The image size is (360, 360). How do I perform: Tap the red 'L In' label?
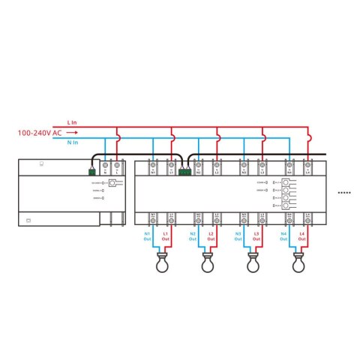click(x=73, y=121)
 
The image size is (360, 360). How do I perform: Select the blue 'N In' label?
click(x=73, y=143)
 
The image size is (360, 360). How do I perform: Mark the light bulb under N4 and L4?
click(x=297, y=263)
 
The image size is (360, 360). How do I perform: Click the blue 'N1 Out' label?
click(x=148, y=237)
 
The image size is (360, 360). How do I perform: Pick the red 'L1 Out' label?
click(x=166, y=237)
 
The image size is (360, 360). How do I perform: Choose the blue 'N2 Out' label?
click(x=193, y=237)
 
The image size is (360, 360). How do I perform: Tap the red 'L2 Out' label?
click(x=211, y=237)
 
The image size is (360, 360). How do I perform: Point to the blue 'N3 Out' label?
click(x=239, y=237)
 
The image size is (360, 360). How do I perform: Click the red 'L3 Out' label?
click(x=257, y=237)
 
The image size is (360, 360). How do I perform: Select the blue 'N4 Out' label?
click(x=285, y=237)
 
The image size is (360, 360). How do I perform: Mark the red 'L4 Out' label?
click(x=303, y=237)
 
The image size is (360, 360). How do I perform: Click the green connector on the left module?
click(x=92, y=171)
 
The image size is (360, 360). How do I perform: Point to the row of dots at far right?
click(x=344, y=193)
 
